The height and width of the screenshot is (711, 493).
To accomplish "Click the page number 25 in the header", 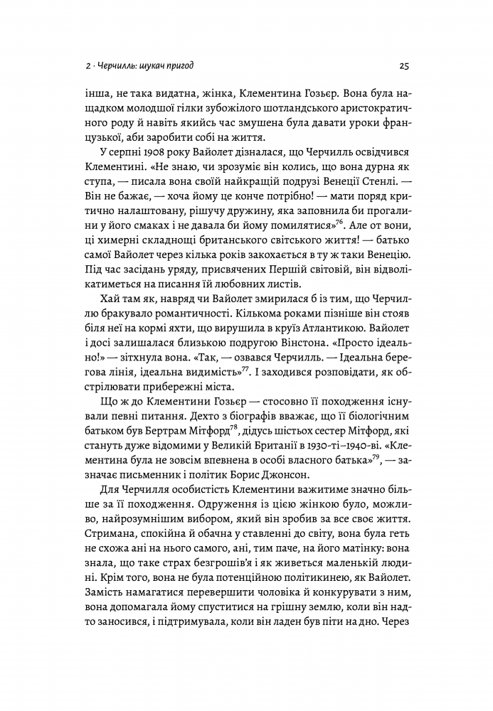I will click(x=402, y=67).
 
